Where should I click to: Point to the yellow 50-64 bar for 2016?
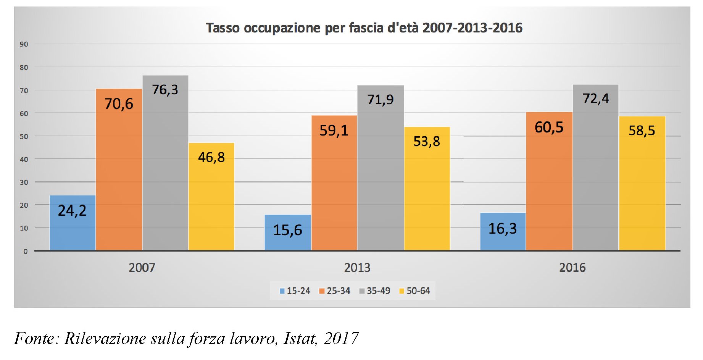[642, 183]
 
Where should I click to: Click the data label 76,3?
[165, 90]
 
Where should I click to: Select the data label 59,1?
[334, 131]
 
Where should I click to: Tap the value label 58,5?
[642, 131]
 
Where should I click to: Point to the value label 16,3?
[503, 229]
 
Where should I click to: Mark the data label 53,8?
[427, 142]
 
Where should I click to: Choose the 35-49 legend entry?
[375, 291]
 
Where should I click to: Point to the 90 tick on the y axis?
[24, 44]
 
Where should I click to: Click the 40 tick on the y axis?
[24, 159]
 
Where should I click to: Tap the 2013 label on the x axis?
[357, 268]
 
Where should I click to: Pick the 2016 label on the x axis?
[572, 268]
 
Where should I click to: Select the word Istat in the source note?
[300, 338]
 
